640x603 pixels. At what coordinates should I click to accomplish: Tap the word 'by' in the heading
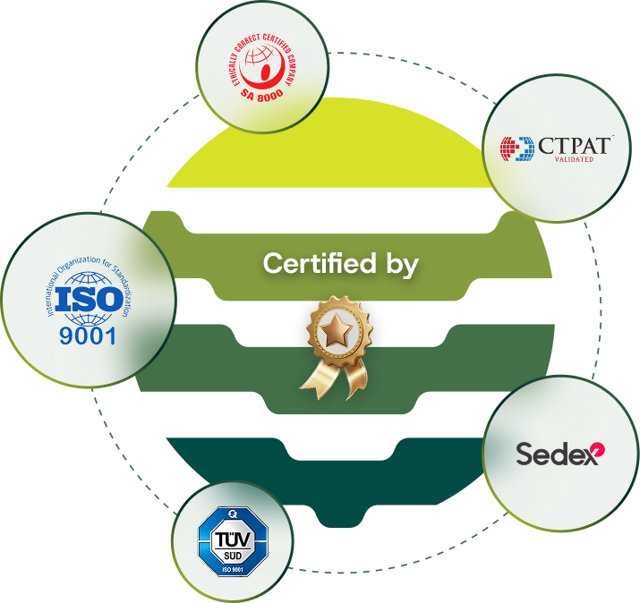(399, 265)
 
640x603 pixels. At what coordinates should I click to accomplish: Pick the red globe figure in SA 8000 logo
(263, 62)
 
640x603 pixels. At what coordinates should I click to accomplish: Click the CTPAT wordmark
(576, 145)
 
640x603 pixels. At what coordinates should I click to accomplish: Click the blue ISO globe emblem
(89, 299)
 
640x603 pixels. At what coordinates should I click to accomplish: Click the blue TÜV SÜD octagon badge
(233, 542)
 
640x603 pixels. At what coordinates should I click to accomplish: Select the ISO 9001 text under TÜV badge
(233, 569)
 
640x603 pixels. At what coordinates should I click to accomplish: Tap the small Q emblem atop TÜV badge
(233, 514)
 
